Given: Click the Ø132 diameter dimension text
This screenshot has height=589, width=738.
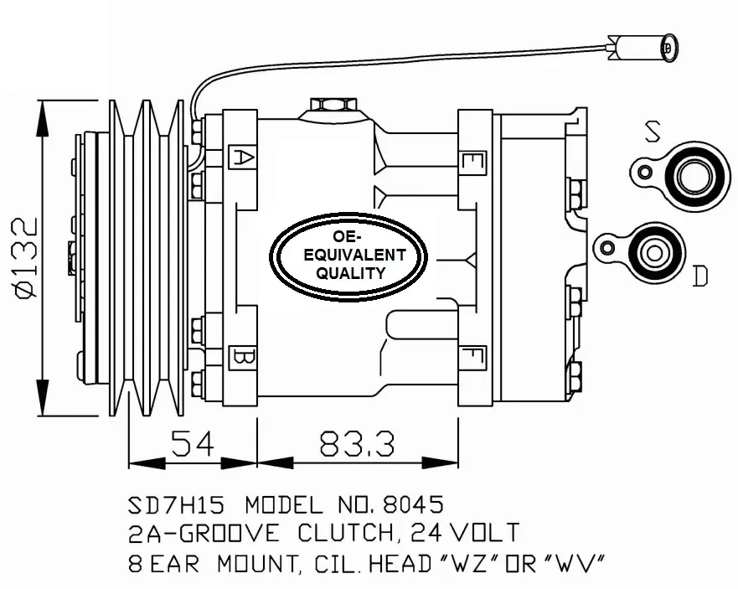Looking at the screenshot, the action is [x=26, y=257].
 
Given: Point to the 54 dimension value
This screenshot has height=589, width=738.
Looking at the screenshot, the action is [x=193, y=442].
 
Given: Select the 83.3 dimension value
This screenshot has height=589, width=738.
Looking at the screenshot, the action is [x=357, y=443].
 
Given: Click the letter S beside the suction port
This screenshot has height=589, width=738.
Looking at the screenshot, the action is [x=652, y=131].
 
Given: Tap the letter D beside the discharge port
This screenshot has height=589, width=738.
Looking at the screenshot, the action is [x=699, y=276].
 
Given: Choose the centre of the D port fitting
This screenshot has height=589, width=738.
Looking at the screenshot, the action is [x=653, y=253].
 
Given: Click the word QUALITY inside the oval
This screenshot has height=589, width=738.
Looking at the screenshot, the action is [x=351, y=273].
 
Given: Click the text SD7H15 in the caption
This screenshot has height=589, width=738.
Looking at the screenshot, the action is [x=177, y=505].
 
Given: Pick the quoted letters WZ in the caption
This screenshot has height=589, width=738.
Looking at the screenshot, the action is [x=465, y=563].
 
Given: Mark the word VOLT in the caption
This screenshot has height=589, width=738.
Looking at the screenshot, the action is [x=485, y=533].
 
